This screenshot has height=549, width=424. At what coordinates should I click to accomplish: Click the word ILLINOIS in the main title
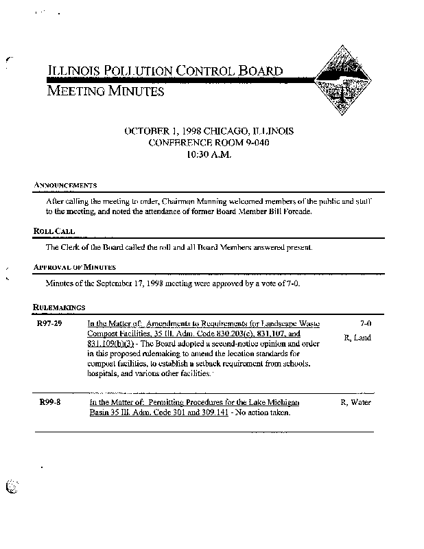tap(72, 70)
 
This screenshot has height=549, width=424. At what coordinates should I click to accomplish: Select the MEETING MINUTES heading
tap(105, 91)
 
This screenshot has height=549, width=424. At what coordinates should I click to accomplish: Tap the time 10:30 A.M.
tap(209, 155)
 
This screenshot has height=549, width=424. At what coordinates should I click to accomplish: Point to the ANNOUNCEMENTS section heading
tap(64, 185)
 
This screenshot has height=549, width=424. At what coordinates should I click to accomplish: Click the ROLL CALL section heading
tap(54, 231)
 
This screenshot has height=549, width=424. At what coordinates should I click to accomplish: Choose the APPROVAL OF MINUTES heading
tap(74, 267)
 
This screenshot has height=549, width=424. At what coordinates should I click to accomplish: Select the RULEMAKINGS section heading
tap(59, 306)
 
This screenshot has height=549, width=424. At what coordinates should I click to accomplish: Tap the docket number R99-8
tap(49, 402)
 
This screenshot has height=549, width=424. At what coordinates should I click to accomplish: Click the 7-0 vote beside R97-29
tap(365, 323)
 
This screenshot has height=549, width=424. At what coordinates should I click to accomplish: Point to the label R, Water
tap(355, 402)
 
